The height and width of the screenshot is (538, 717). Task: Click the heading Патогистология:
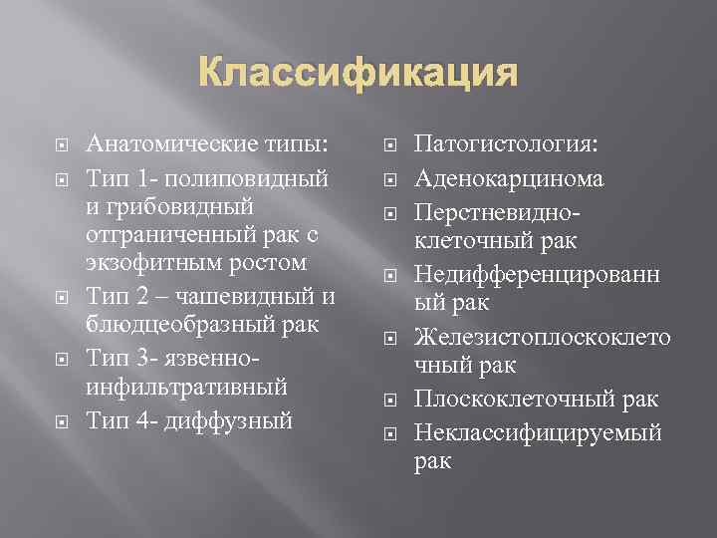coord(506,145)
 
